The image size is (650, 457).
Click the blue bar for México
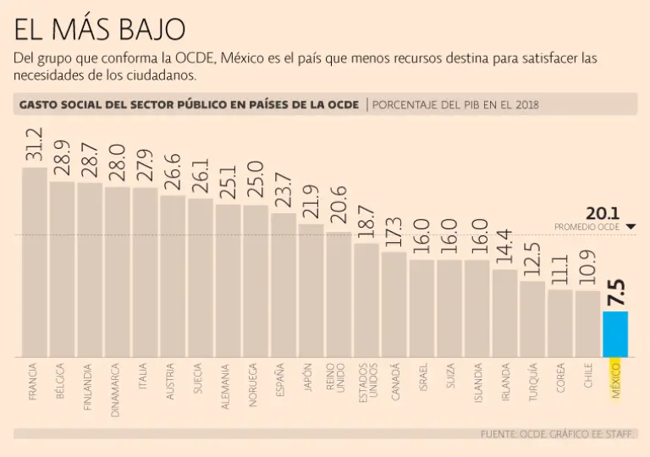pos(615,333)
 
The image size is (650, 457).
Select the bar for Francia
pos(35,262)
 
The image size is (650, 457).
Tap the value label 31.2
pos(35,145)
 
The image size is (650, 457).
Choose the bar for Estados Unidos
pos(366,300)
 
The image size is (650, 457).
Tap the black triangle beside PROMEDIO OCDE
pos(631,227)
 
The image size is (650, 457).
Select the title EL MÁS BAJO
pos(100,30)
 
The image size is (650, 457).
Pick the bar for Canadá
pos(394,304)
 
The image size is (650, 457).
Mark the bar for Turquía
pos(532,318)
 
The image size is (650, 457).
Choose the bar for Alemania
pos(228,280)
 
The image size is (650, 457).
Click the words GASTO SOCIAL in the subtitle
pos(57,105)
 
